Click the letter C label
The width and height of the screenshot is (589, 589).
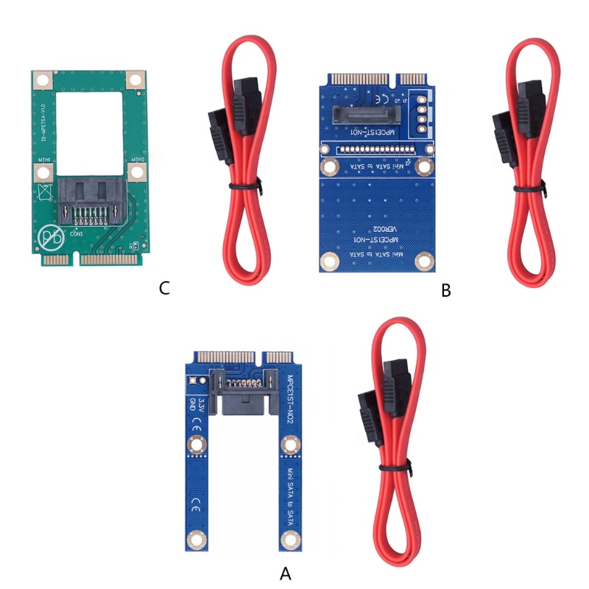(x=165, y=288)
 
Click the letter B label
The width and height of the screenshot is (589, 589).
(x=445, y=291)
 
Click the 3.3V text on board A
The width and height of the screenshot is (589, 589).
(x=193, y=403)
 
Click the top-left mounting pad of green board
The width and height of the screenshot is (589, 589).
(x=43, y=79)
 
